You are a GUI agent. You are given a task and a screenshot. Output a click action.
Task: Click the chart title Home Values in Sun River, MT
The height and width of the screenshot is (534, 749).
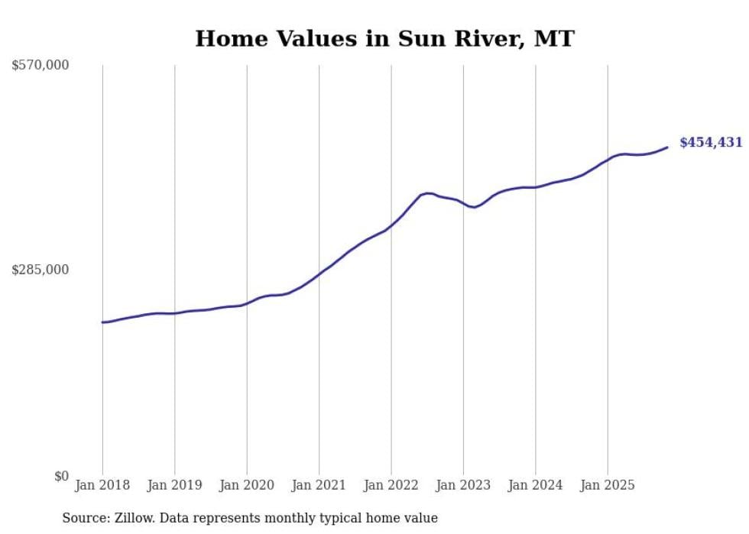click(x=384, y=39)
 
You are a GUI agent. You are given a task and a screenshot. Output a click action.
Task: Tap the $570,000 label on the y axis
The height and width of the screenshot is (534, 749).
click(x=41, y=66)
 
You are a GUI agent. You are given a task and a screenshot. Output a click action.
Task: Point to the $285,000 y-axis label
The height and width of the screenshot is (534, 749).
click(x=41, y=270)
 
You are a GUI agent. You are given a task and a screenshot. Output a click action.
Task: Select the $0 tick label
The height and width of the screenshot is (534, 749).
click(x=61, y=476)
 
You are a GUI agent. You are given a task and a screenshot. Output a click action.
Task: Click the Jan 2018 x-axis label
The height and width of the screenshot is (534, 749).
click(x=102, y=485)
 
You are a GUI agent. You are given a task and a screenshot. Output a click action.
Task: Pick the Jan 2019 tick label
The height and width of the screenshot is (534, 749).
click(x=174, y=485)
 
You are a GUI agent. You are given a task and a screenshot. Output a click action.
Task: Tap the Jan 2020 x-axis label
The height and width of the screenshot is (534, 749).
click(x=246, y=485)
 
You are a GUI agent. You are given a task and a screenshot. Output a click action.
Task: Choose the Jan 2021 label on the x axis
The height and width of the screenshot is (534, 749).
click(x=319, y=485)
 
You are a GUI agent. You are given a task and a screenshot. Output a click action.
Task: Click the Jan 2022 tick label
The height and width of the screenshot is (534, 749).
click(x=391, y=485)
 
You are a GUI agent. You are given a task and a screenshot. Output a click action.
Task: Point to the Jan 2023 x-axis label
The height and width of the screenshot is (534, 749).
click(x=463, y=485)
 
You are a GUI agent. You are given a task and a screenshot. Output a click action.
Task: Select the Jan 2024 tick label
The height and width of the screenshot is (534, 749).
click(x=535, y=485)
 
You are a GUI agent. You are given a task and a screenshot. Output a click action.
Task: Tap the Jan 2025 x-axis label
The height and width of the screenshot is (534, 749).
click(x=608, y=485)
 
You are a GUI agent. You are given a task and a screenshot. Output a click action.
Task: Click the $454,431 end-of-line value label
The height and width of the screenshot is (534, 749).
click(x=710, y=142)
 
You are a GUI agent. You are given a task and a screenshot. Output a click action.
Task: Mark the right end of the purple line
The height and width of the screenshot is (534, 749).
click(x=667, y=147)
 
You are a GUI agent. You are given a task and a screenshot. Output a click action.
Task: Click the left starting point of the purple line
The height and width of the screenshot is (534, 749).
click(x=102, y=322)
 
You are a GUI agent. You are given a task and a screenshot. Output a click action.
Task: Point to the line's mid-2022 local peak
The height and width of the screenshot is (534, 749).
click(x=428, y=193)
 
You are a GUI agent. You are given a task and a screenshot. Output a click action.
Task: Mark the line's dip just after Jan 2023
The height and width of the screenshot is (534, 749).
click(x=475, y=207)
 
